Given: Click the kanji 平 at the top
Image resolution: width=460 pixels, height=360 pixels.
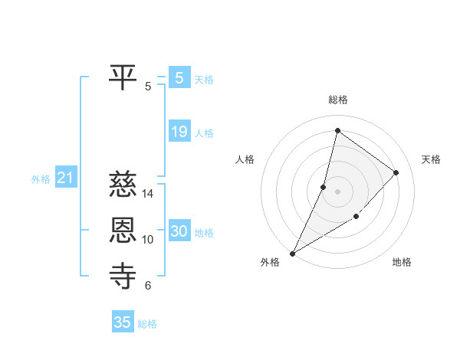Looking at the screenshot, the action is tap(123, 77).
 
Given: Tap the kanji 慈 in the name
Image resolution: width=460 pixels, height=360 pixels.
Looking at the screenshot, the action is tap(123, 184).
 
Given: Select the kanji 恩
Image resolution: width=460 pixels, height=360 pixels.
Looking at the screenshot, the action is tap(123, 230).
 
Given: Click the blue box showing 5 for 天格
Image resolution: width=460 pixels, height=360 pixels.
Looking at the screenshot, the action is tap(179, 77).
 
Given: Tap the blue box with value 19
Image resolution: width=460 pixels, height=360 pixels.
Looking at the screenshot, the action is tap(179, 132).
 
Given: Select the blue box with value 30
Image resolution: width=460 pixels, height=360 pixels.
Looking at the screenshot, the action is tap(179, 231).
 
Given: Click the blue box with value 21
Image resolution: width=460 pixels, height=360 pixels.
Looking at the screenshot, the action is tap(65, 178).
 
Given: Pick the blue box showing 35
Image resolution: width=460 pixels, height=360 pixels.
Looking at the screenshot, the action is tap(123, 322).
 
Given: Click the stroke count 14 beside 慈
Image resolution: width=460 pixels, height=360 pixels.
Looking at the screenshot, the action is tap(149, 193).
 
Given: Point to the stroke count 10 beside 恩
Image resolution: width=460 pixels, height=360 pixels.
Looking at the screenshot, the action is tap(149, 240).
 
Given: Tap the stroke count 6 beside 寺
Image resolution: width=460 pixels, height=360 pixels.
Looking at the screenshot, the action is tap(147, 286).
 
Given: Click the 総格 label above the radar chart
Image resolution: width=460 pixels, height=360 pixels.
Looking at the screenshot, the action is tap(338, 100).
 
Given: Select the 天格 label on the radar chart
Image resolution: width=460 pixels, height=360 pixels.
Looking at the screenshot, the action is tap(431, 159).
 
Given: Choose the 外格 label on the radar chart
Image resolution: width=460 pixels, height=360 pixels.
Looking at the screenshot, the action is tap(270, 263).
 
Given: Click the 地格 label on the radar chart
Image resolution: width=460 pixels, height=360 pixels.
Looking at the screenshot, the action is tap(402, 263).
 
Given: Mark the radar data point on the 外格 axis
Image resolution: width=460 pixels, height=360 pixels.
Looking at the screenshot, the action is tap(292, 253).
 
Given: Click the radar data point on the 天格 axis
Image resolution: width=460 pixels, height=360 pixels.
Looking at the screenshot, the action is tap(396, 172).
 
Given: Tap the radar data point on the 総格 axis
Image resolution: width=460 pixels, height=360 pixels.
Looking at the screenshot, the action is tap(337, 131).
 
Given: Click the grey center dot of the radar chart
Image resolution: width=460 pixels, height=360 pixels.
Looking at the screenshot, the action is tap(337, 191).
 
